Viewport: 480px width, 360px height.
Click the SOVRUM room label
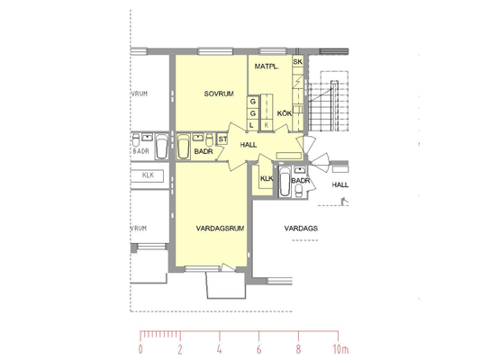coord(219,94)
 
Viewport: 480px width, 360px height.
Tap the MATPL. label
coord(267,67)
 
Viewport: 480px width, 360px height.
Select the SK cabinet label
coord(297,61)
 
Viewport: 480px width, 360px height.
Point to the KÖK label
coord(285,113)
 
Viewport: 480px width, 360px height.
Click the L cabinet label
coord(252,125)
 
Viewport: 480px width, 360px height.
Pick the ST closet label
coord(222,139)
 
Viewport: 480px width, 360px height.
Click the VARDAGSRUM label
coord(220,229)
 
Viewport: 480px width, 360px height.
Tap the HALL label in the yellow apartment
coord(249,145)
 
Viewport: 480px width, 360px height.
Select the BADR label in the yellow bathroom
coord(204,151)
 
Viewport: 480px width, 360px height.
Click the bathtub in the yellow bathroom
coord(184,147)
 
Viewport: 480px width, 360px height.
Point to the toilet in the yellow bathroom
coord(210,139)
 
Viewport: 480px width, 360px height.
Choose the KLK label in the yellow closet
coord(267,178)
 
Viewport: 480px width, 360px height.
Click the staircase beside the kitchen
coord(328,101)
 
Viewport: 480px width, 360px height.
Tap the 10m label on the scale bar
coord(340,349)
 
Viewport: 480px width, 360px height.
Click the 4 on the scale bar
coord(219,349)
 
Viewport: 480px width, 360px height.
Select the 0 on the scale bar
coord(140,349)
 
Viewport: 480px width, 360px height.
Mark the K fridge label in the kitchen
coord(267,125)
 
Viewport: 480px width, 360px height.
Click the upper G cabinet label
coord(253,101)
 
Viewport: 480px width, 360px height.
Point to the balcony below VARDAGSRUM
coord(226,284)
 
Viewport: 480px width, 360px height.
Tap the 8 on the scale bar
coord(298,349)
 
